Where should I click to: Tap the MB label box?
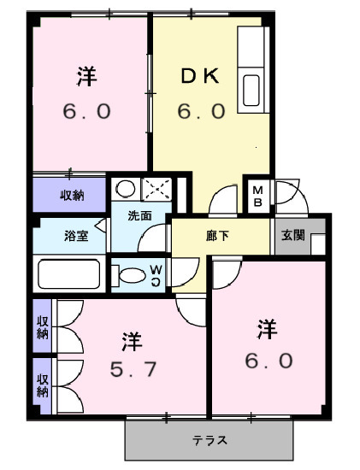(257, 196)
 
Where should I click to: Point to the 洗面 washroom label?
(139, 216)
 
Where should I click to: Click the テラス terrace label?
(210, 441)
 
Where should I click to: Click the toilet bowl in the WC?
(131, 275)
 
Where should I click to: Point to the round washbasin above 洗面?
(127, 189)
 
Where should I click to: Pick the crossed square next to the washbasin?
(156, 189)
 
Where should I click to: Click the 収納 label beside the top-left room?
(71, 196)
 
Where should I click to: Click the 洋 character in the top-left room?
(86, 77)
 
